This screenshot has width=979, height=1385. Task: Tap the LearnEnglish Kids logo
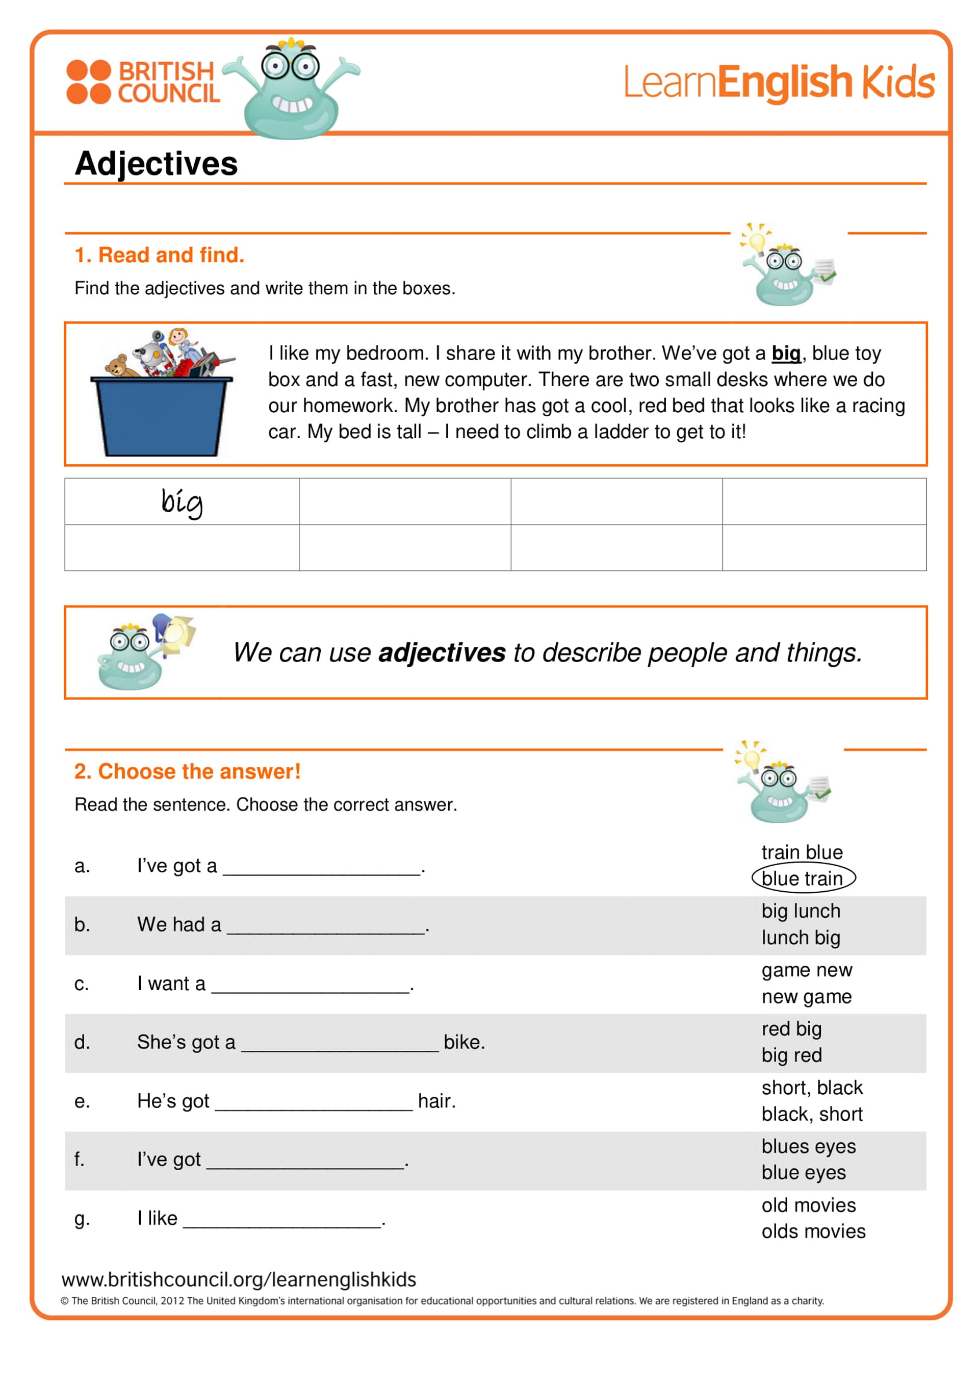pos(778,82)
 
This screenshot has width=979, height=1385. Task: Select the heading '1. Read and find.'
pos(159,255)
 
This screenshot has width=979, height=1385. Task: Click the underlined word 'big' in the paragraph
pos(785,354)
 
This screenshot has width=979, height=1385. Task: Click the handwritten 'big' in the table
pos(182,502)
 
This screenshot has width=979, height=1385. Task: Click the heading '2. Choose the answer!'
pos(187,771)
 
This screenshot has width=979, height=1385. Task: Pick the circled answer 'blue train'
pos(803,878)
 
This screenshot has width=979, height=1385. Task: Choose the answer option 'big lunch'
pos(801,911)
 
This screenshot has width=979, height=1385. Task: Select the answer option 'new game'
pos(807,996)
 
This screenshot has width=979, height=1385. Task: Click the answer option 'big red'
pos(791,1055)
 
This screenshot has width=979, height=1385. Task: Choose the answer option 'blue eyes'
pos(804,1172)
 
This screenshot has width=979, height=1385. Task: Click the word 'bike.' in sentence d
pos(464,1042)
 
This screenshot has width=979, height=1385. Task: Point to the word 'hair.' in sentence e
pos(436,1101)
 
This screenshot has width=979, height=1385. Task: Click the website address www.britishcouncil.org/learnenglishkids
pos(239,1279)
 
